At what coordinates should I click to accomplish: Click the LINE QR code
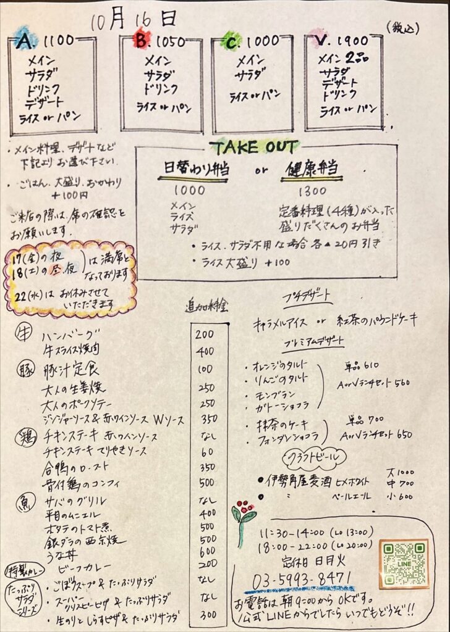point(404,563)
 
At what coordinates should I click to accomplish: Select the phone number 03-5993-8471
point(302,578)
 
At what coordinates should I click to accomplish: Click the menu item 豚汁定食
point(70,371)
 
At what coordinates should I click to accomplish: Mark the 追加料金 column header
point(207,306)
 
